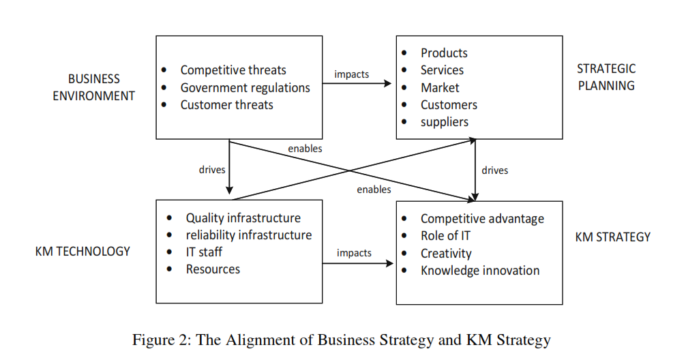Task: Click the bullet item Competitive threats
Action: [233, 70]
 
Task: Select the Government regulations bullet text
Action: [245, 88]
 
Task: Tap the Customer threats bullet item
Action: [226, 105]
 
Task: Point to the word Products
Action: [444, 53]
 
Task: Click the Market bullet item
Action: [440, 88]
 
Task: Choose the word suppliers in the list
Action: [445, 122]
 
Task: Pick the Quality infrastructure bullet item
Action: [243, 218]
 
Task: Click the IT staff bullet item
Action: [204, 252]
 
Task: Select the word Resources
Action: [213, 269]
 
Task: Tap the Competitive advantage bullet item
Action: [482, 219]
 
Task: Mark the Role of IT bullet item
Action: [445, 236]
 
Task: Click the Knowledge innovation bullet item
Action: [480, 271]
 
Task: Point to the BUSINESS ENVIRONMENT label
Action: [94, 87]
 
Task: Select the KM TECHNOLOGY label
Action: [83, 252]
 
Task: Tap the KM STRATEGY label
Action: [612, 237]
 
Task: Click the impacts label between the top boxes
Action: [352, 74]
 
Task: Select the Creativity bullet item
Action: [446, 254]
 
